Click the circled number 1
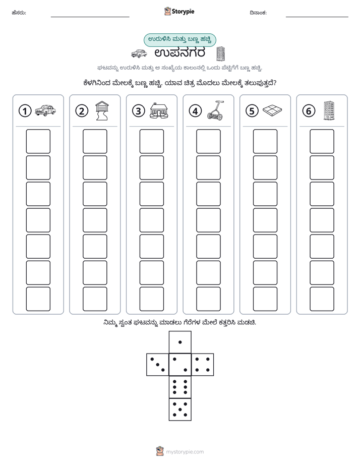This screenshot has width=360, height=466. click(x=25, y=111)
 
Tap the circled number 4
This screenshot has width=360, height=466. click(x=195, y=111)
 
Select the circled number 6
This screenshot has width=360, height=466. click(x=309, y=111)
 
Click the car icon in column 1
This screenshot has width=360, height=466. click(x=45, y=110)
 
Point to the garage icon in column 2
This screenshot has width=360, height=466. click(x=102, y=110)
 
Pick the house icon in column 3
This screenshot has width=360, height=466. click(x=159, y=111)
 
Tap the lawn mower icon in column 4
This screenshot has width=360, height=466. click(x=215, y=110)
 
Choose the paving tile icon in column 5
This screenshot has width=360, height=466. click(x=272, y=110)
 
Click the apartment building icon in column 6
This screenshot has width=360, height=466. click(x=329, y=111)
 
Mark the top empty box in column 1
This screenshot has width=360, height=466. click(x=38, y=141)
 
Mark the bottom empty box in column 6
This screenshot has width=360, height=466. click(x=322, y=299)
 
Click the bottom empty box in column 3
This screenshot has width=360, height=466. click(x=151, y=299)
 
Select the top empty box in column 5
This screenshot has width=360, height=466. click(x=265, y=141)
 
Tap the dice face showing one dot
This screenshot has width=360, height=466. click(x=180, y=342)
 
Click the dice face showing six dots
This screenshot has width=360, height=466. click(x=180, y=387)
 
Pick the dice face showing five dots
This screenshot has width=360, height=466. click(x=180, y=409)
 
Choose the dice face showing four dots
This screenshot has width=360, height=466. click(x=203, y=364)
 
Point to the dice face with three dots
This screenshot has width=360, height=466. click(x=158, y=364)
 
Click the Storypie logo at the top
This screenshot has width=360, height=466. click(x=179, y=11)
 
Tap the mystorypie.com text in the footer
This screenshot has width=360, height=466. click(x=185, y=452)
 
